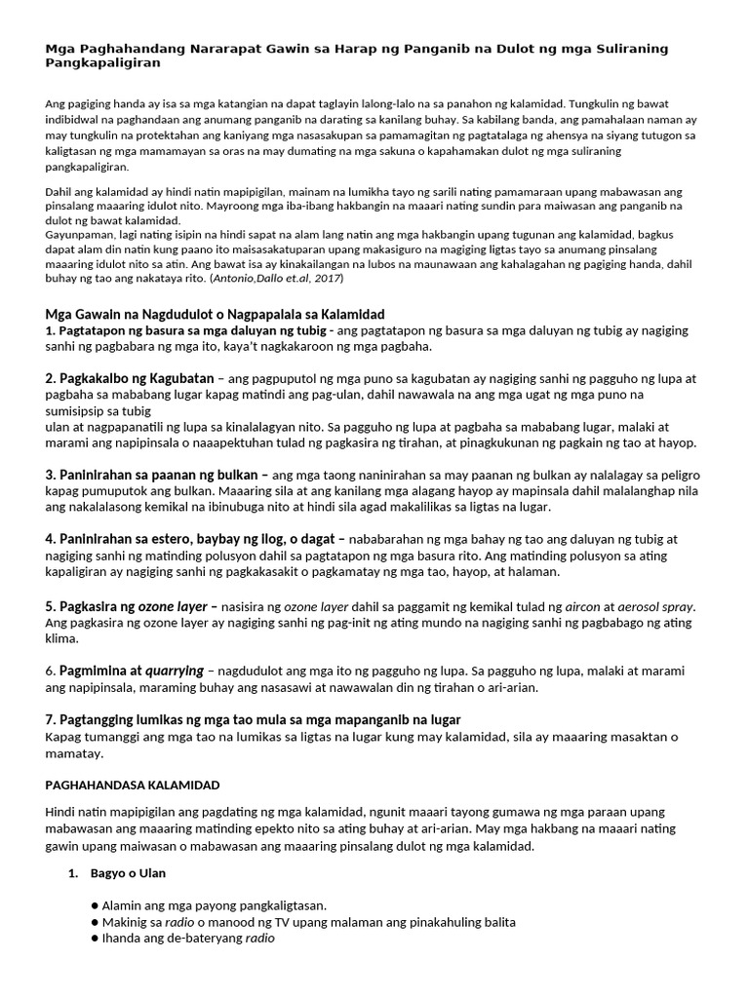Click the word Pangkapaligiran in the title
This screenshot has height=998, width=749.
(x=103, y=62)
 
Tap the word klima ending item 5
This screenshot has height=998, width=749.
(x=63, y=639)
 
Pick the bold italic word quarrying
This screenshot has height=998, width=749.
(x=173, y=671)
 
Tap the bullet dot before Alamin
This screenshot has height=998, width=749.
(x=95, y=905)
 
